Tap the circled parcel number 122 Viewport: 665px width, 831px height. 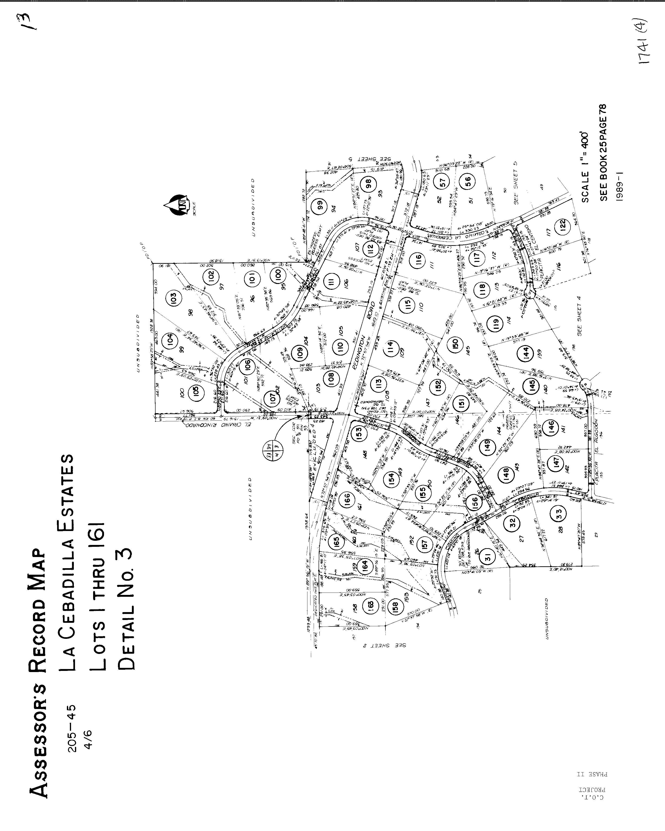tap(563, 224)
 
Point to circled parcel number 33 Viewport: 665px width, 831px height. tap(559, 513)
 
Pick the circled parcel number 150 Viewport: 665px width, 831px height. tap(455, 343)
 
